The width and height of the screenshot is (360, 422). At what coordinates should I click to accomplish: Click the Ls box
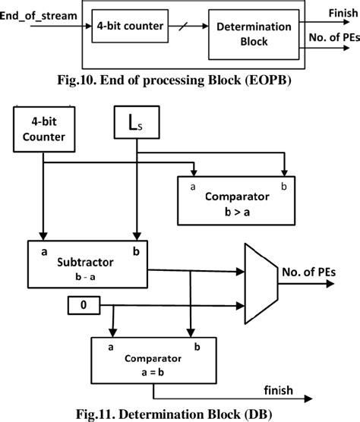click(135, 122)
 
